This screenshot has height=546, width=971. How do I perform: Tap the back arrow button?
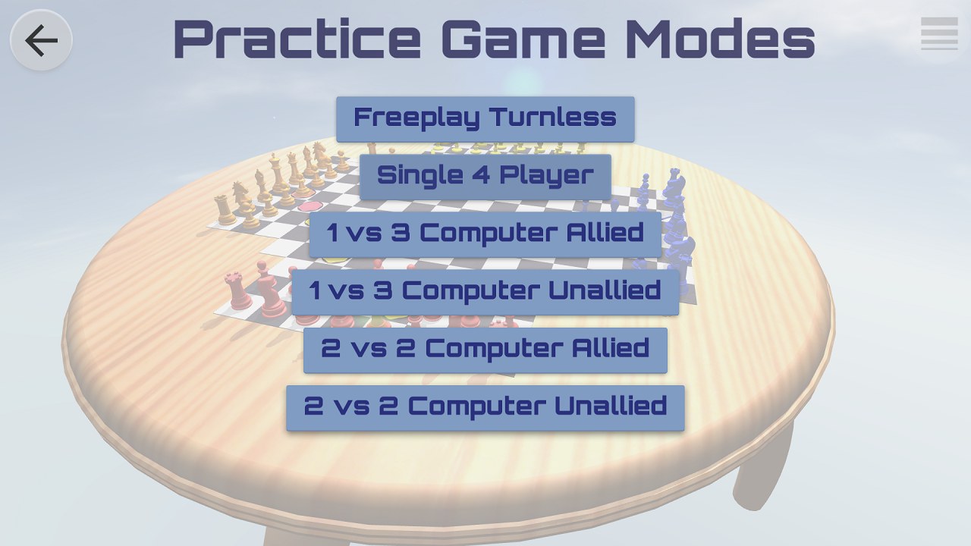click(x=41, y=40)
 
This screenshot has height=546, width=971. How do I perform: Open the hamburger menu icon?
click(x=939, y=33)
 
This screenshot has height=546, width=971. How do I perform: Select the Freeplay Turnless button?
click(x=485, y=119)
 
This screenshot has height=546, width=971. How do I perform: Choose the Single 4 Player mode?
click(x=485, y=177)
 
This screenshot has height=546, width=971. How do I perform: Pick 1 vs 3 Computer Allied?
click(x=485, y=234)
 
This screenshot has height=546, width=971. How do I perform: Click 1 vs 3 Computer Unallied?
click(x=485, y=292)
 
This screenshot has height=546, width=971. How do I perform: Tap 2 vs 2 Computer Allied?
click(x=485, y=350)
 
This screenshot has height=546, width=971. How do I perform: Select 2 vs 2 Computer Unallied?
click(x=485, y=408)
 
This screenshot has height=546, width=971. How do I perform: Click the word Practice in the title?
click(x=297, y=38)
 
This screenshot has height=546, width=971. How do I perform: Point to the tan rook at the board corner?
click(x=225, y=210)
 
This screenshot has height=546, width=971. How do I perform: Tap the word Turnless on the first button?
click(x=553, y=117)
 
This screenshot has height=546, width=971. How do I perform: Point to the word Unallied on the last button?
click(x=611, y=406)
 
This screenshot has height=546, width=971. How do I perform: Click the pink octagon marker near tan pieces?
click(x=309, y=206)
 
